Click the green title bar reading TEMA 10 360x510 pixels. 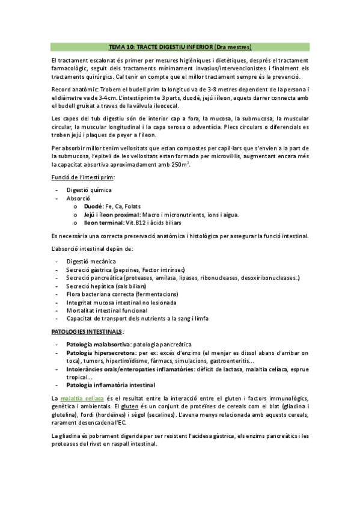click(x=180, y=46)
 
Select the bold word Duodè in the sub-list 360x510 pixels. click(x=93, y=206)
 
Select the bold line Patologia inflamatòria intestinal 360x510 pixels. click(x=111, y=385)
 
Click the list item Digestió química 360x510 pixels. click(x=89, y=189)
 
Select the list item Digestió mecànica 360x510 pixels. click(x=91, y=261)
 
